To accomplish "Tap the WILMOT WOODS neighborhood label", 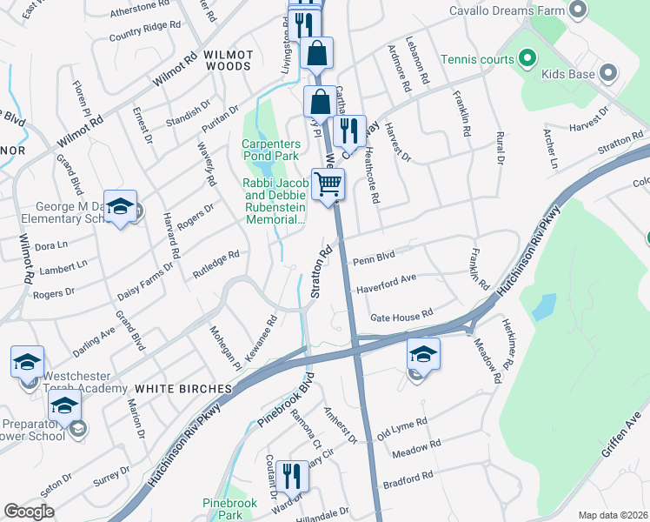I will [x=228, y=61].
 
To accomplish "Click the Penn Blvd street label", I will [x=374, y=257].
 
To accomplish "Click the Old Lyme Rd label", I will [x=403, y=427].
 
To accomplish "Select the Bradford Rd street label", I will [x=408, y=478].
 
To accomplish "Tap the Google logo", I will [x=30, y=512].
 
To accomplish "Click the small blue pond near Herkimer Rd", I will [x=544, y=306].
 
